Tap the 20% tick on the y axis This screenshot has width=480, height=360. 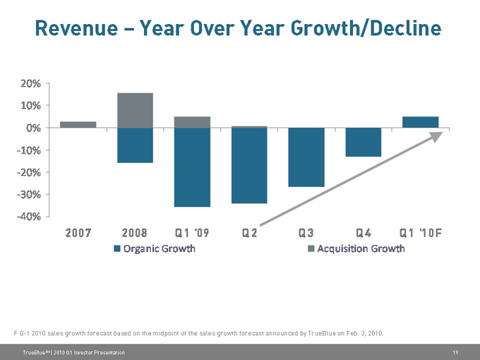[29, 83]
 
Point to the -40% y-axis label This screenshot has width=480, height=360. [28, 216]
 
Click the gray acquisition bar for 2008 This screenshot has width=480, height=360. [135, 110]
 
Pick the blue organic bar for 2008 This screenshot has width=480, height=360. [135, 145]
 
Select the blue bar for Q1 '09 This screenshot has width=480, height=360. [192, 167]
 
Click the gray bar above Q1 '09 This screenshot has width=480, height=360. [192, 122]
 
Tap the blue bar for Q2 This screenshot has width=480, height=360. [249, 166]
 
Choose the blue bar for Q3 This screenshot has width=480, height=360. [306, 157]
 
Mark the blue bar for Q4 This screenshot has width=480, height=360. [364, 142]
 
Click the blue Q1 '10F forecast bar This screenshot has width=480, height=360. [421, 122]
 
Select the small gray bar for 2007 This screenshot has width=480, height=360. [78, 124]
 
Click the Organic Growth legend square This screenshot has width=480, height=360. [117, 248]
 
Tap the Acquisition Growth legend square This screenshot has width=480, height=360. [311, 248]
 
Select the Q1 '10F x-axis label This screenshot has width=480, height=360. [421, 233]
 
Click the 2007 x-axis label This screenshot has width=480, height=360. [78, 233]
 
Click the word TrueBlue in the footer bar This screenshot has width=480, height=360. [34, 352]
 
